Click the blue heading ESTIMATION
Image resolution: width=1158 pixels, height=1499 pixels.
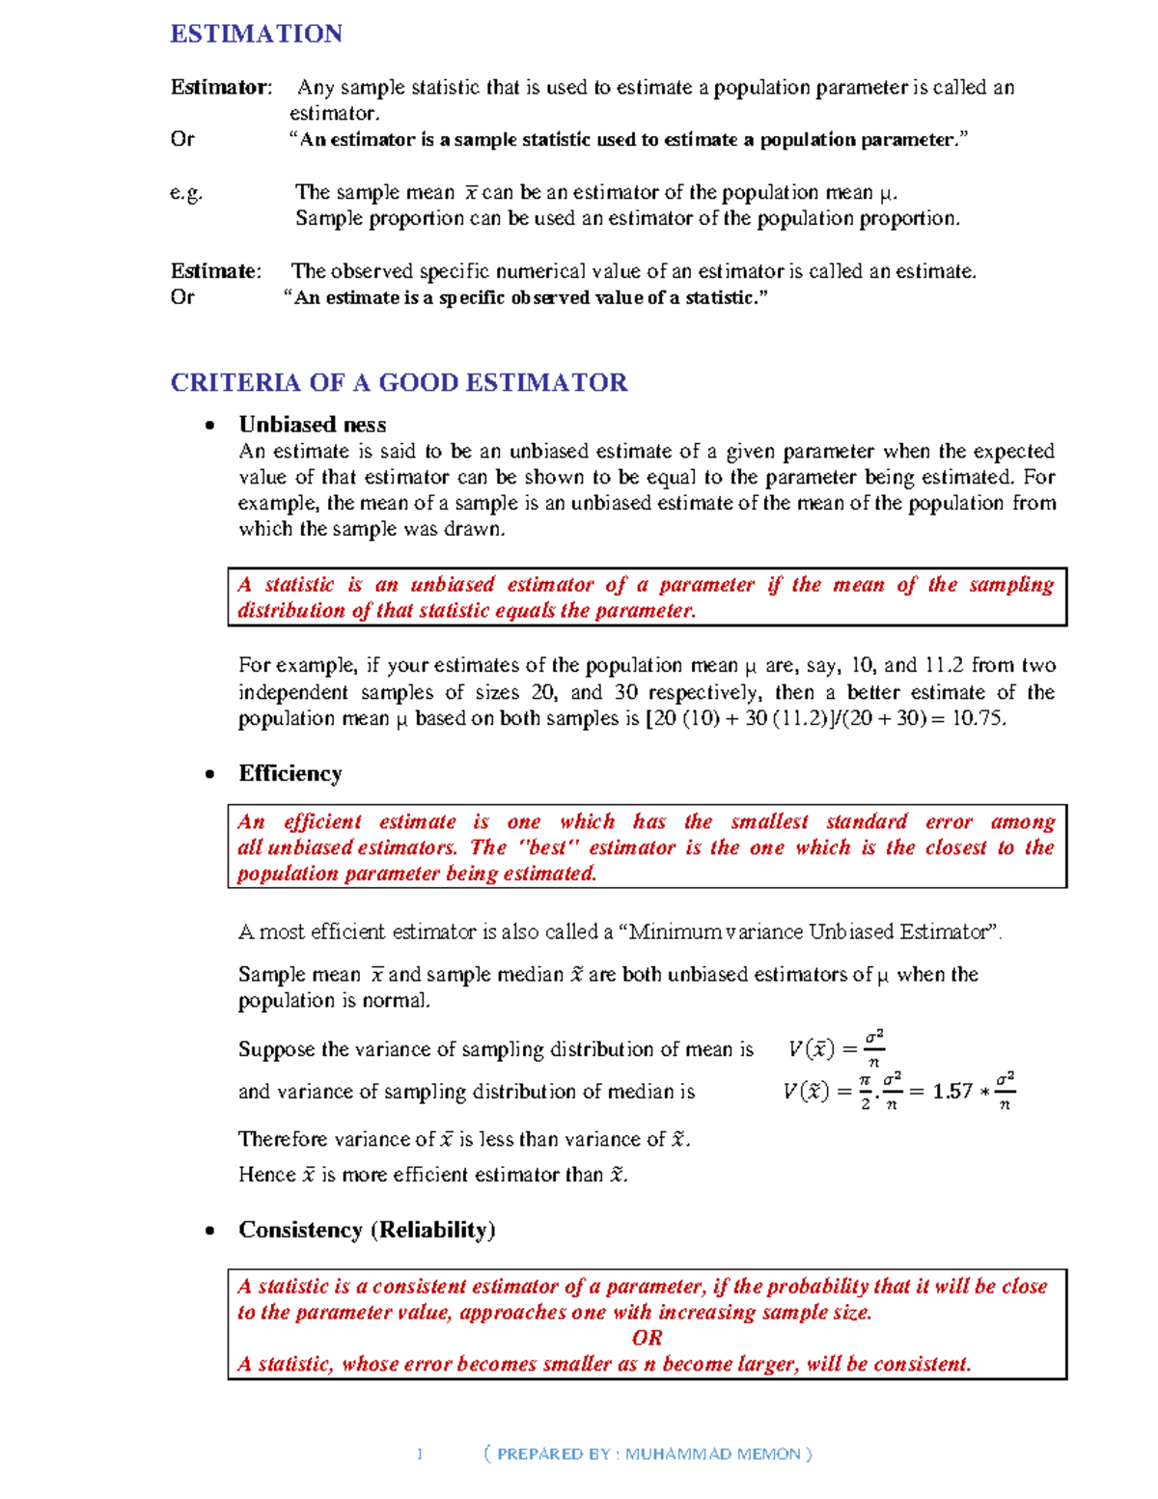coord(256,34)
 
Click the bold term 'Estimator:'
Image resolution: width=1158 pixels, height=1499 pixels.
coord(221,88)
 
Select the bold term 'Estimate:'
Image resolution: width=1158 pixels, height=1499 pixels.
coord(216,271)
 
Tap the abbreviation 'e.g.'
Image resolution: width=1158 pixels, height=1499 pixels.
coord(186,192)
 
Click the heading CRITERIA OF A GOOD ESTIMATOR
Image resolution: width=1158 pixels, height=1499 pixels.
coord(399,383)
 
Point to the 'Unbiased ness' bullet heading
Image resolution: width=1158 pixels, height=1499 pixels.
coord(312,425)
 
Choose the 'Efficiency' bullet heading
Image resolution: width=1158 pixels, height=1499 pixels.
coord(290,773)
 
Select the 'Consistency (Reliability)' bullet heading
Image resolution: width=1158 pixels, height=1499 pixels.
coord(367,1230)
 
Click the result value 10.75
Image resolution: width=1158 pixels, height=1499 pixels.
coord(978,718)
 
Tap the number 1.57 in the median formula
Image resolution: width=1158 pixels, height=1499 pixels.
coord(952,1092)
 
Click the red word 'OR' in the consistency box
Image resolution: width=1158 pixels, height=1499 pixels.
coord(647,1338)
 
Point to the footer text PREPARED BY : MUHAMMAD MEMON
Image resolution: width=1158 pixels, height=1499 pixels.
coord(648,1454)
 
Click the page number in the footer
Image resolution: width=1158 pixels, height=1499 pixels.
coord(420,1454)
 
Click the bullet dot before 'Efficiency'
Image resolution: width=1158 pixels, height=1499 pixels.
coord(209,774)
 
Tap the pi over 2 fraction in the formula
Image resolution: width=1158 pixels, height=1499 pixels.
coord(866,1092)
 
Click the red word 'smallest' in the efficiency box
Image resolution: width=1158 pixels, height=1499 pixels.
coord(769,821)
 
